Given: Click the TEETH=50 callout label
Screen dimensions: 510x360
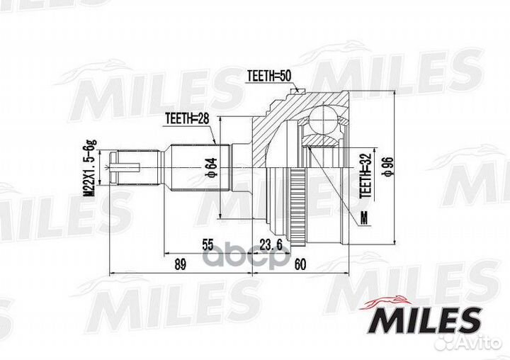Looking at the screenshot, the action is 268,76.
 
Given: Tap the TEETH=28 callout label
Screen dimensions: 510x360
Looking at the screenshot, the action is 187,118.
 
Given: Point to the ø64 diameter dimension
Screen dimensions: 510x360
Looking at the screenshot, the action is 211,168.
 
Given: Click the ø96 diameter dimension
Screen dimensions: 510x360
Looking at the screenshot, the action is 389,167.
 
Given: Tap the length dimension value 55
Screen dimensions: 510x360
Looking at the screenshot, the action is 208,244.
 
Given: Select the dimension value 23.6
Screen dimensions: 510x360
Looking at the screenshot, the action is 271,244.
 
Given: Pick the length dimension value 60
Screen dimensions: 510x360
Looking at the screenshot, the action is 300,264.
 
